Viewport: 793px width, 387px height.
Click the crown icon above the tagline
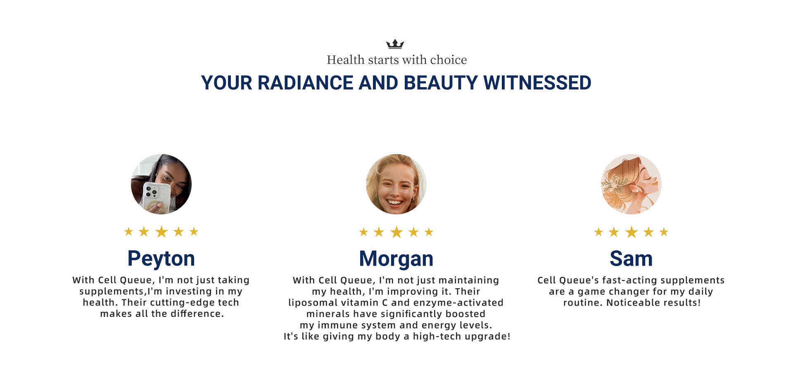click(x=395, y=44)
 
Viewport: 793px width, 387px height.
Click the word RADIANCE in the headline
click(x=306, y=83)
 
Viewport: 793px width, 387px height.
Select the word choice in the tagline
click(x=449, y=60)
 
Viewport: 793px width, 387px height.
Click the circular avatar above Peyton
click(x=161, y=184)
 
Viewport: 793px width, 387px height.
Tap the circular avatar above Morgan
click(x=396, y=184)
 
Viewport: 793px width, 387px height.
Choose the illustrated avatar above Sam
click(x=631, y=184)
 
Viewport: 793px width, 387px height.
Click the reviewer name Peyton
click(x=161, y=259)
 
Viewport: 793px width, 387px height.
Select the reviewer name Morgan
click(x=396, y=259)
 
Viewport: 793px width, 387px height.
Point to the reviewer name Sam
click(x=631, y=259)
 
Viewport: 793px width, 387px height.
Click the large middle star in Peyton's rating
click(x=161, y=232)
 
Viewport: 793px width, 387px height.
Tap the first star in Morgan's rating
click(x=363, y=232)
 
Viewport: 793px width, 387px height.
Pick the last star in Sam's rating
click(x=664, y=232)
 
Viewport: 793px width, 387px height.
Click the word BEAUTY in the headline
click(x=441, y=83)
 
